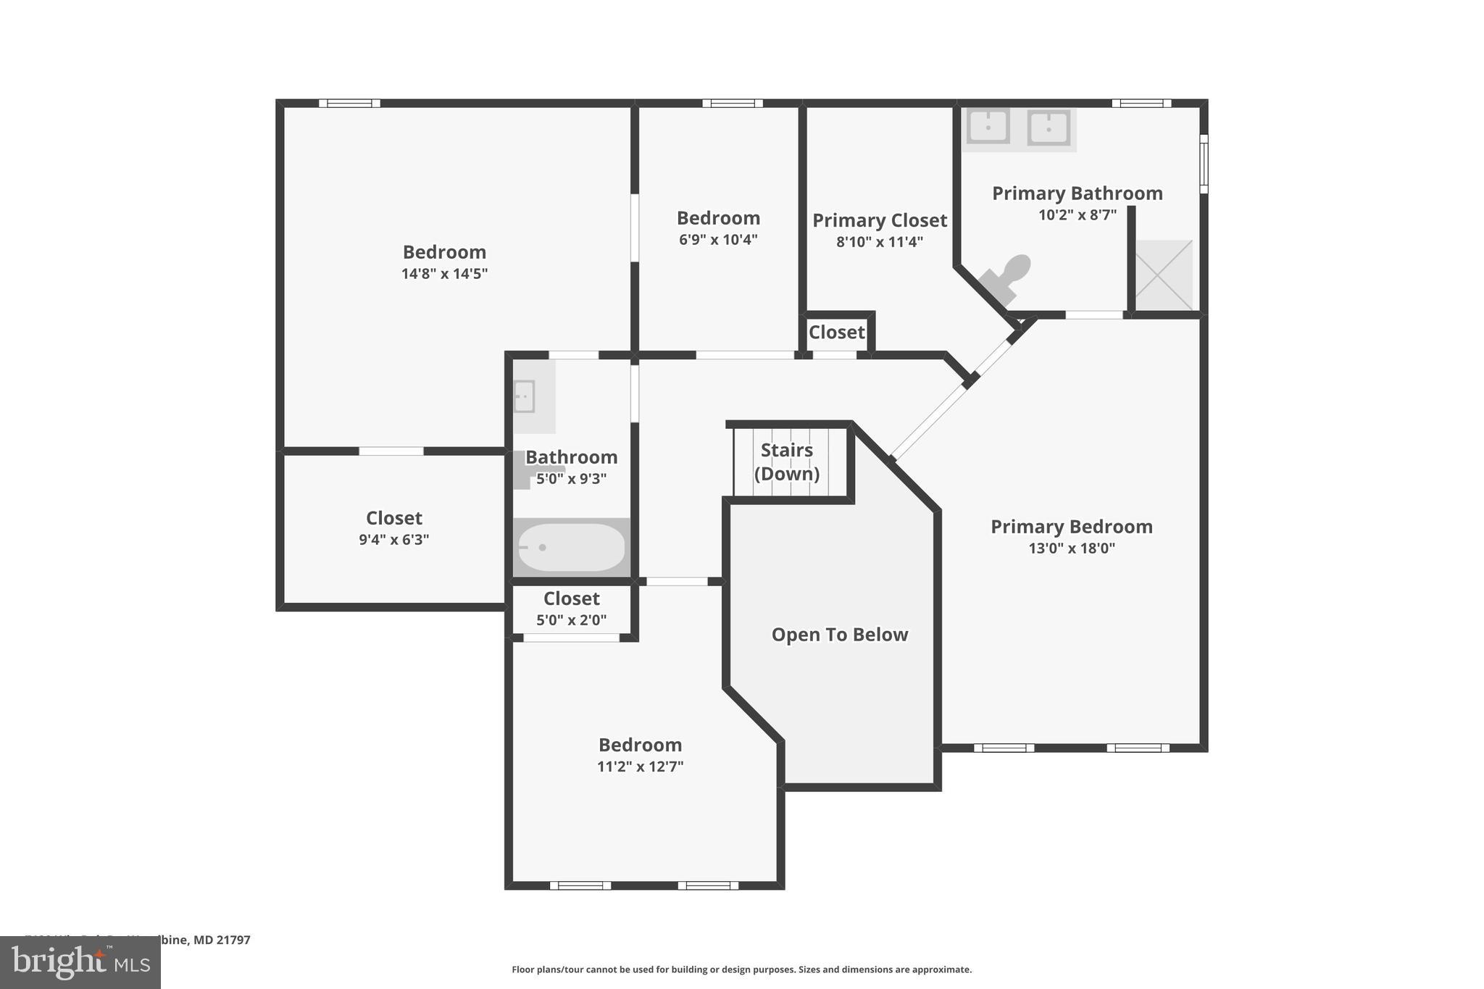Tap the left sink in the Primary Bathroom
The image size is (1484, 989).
tap(988, 128)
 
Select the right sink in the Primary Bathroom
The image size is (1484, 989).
tap(1049, 128)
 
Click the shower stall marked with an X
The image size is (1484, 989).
tap(1163, 275)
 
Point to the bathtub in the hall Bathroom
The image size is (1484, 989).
tap(571, 548)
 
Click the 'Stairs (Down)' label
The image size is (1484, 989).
tap(787, 462)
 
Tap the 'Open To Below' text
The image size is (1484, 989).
tap(839, 635)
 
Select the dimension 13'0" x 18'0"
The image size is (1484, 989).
tap(1072, 548)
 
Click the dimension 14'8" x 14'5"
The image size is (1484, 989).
tap(444, 274)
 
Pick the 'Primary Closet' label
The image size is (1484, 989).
tap(879, 220)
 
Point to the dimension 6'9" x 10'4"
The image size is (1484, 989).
tap(718, 240)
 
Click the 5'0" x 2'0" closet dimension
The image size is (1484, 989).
tap(571, 620)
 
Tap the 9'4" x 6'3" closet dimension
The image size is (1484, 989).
tap(393, 540)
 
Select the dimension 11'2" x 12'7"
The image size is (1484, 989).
tap(640, 767)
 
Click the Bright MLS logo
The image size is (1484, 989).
tap(80, 962)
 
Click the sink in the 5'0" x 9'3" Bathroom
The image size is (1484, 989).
tap(525, 397)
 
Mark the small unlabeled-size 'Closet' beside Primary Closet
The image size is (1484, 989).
tap(836, 333)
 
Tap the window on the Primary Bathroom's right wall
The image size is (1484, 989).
tap(1204, 163)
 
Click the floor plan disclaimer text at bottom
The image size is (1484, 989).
tap(741, 969)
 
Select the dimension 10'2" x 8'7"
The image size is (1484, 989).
tap(1077, 215)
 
